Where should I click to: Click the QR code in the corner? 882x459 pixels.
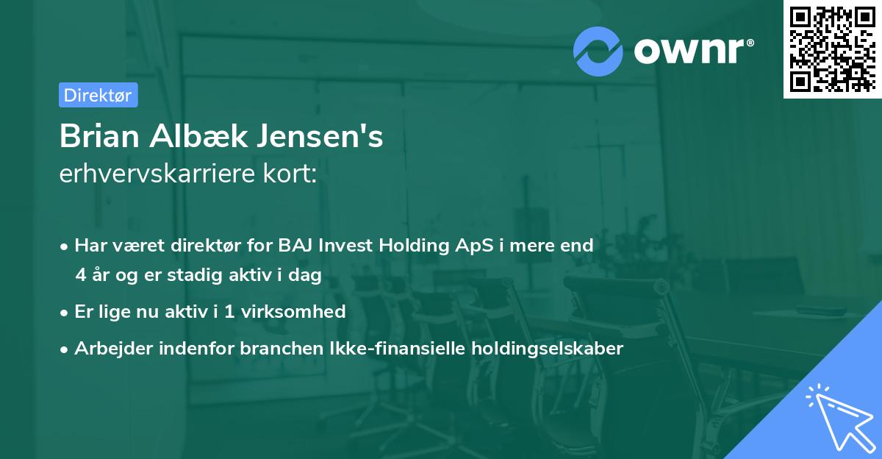tap(831, 49)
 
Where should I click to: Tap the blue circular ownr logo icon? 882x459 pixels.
tap(598, 51)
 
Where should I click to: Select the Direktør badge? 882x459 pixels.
tap(98, 95)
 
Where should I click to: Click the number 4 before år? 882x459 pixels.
tap(80, 275)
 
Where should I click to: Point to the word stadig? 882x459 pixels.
tap(201, 275)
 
